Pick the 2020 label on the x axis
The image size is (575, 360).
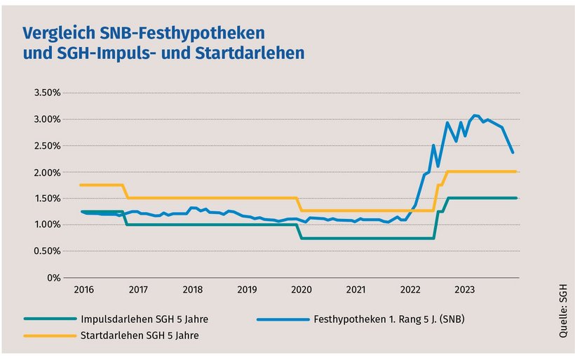point(301,289)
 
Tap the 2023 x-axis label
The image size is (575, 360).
point(464,289)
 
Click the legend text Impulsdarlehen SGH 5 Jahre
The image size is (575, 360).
point(144,319)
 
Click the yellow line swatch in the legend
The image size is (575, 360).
point(49,335)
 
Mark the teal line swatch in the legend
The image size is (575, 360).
point(49,319)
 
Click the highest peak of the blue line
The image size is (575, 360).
point(475,115)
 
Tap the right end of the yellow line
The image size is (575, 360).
point(516,171)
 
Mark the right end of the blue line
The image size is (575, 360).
point(513,152)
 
